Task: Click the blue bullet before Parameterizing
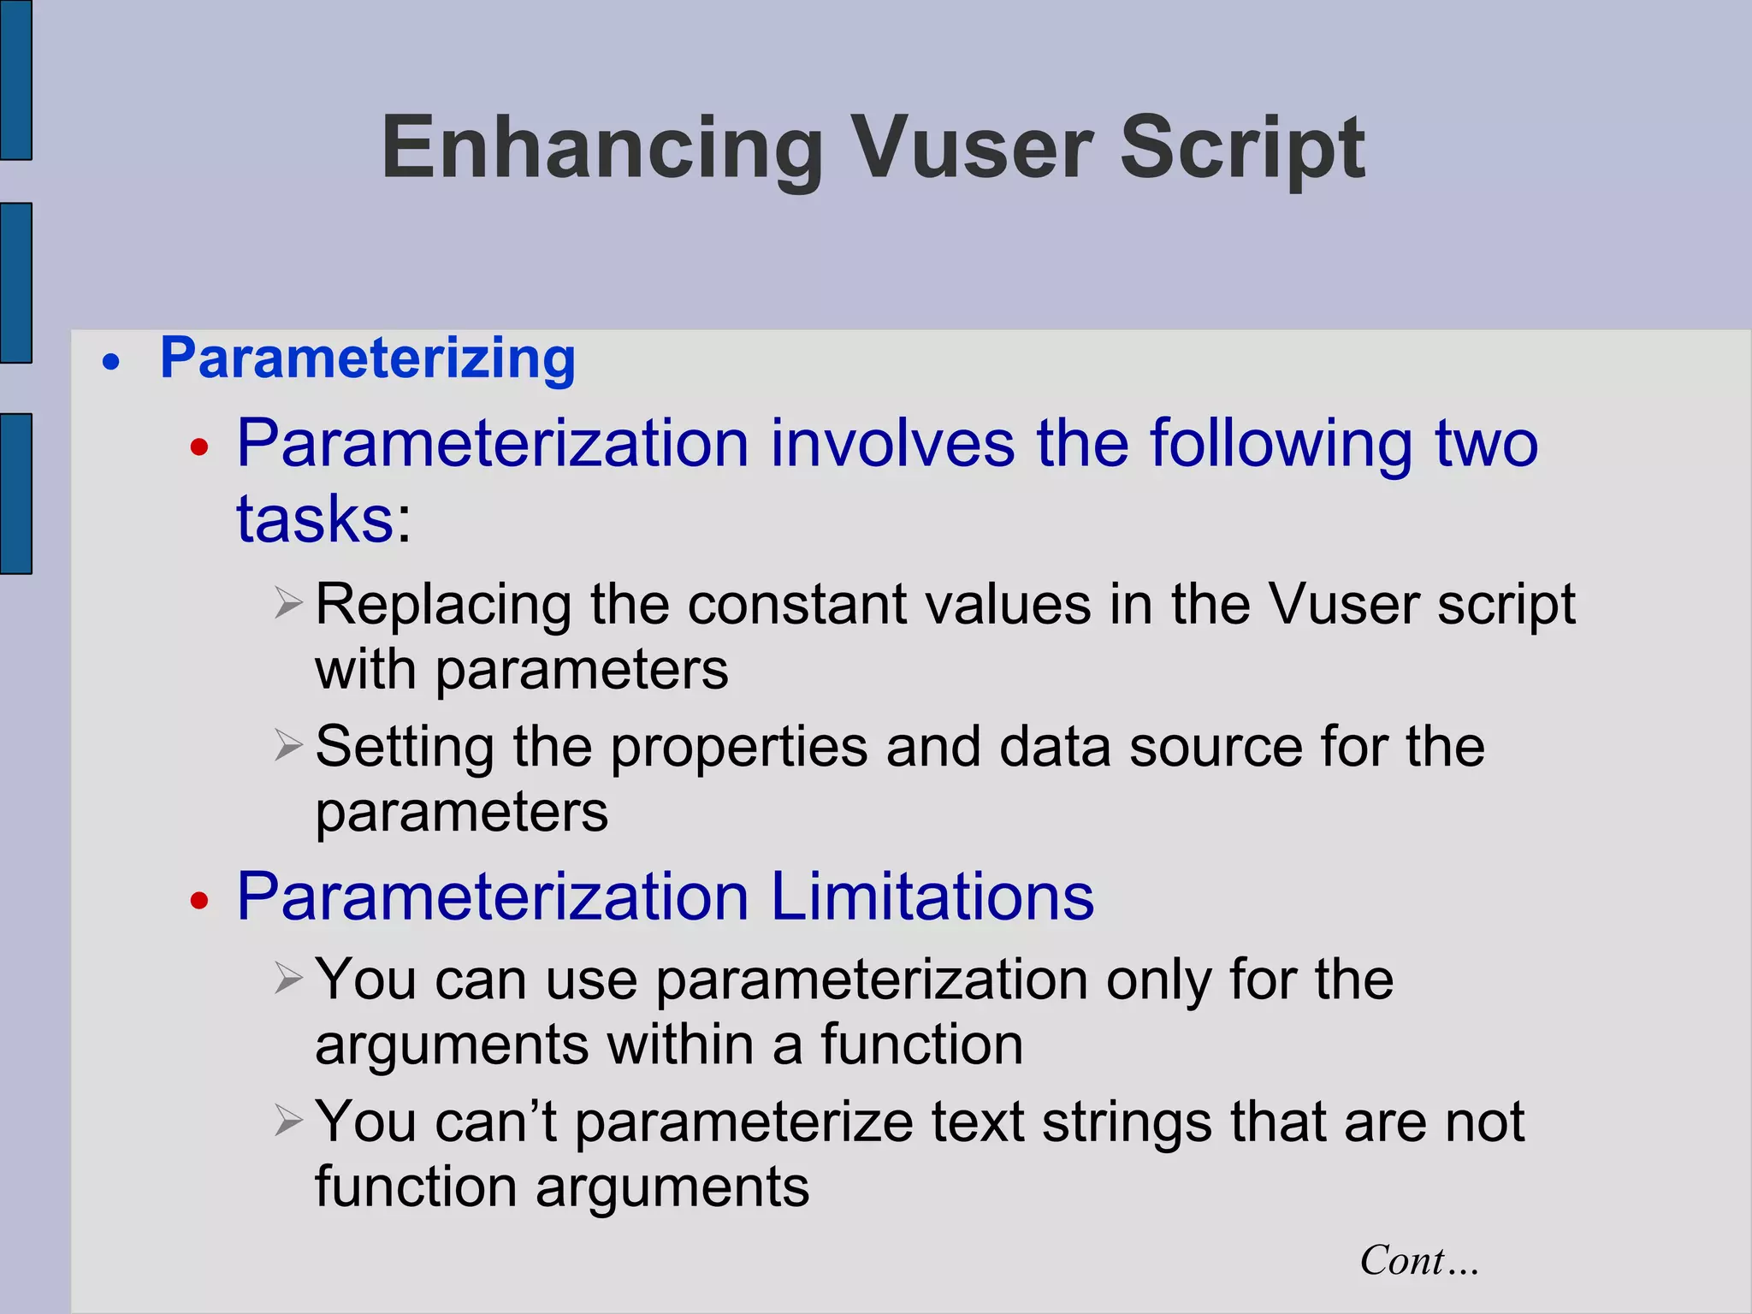111,363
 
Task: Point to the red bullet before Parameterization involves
199,447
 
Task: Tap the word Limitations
932,897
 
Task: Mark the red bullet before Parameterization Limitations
199,900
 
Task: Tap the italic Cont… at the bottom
1418,1261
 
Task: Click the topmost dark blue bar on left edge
15,79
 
